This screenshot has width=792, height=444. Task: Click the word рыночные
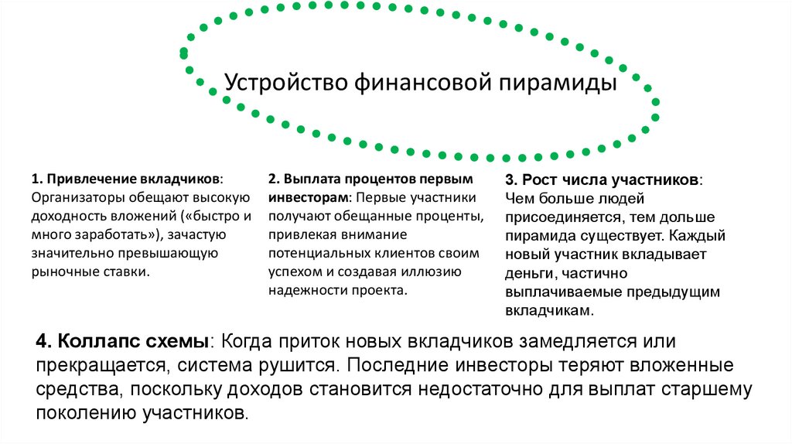click(63, 271)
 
